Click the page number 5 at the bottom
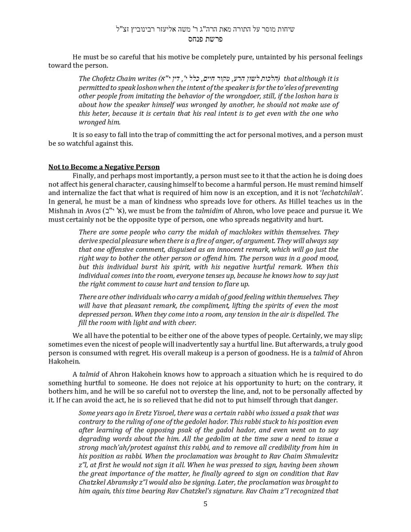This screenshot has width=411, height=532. coord(205,504)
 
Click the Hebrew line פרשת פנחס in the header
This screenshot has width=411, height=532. coord(205,39)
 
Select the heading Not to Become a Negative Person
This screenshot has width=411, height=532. coord(104,167)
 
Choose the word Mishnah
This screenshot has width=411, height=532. coord(62,211)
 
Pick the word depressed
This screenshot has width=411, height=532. coord(96,314)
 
